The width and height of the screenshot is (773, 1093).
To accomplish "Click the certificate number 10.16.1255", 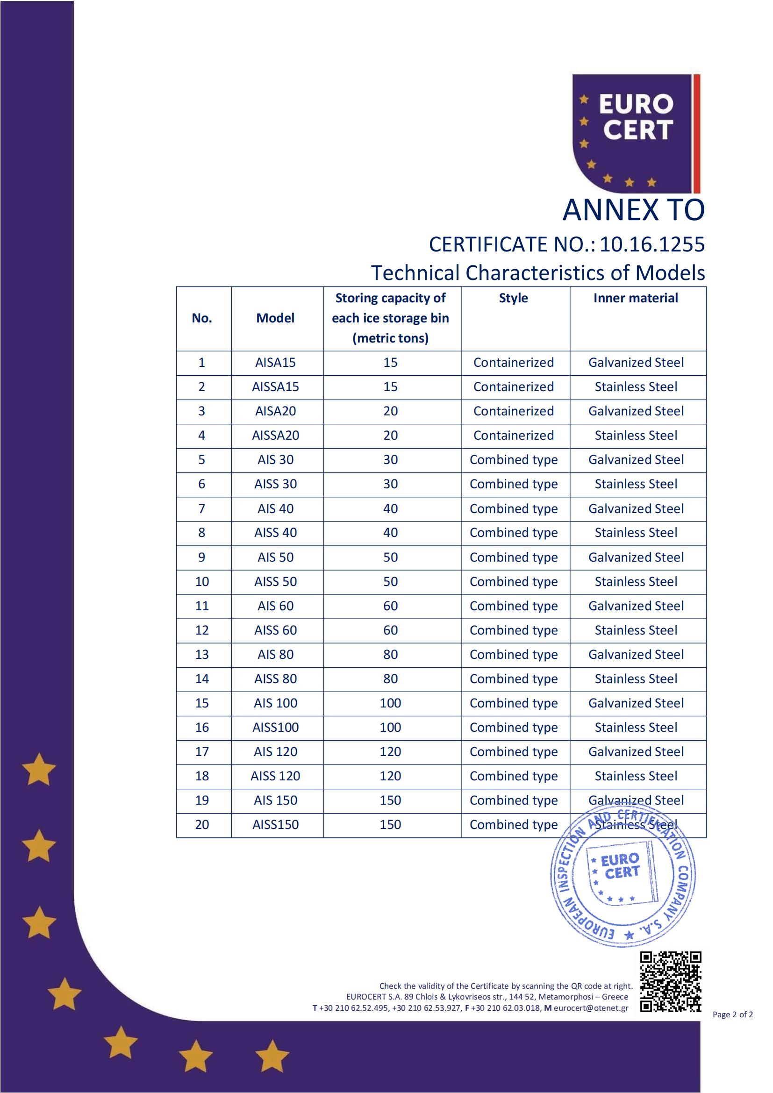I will (651, 244).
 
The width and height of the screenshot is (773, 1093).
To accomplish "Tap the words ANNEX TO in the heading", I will (633, 210).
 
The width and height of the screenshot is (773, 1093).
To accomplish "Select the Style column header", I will (513, 298).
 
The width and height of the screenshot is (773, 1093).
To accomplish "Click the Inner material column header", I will (636, 298).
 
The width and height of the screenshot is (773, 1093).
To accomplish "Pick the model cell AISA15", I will (275, 363).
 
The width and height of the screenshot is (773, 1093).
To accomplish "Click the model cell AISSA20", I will (275, 436).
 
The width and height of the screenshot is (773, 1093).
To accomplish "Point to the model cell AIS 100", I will (275, 703).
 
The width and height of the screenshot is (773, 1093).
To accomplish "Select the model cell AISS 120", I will (275, 776).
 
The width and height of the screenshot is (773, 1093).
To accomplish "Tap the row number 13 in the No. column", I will (202, 655).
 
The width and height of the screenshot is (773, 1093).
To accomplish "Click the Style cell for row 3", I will (513, 411).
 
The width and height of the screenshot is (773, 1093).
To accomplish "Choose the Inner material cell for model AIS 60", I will (636, 606).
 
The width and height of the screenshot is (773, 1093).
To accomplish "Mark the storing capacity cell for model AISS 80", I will (390, 679).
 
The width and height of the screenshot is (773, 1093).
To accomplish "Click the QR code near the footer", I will (670, 982).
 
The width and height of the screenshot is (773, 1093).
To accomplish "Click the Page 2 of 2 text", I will (732, 1014).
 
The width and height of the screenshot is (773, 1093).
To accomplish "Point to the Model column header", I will (275, 318).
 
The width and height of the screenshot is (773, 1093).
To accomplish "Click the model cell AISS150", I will (275, 824).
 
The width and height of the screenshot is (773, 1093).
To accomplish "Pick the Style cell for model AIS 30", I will (513, 460).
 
